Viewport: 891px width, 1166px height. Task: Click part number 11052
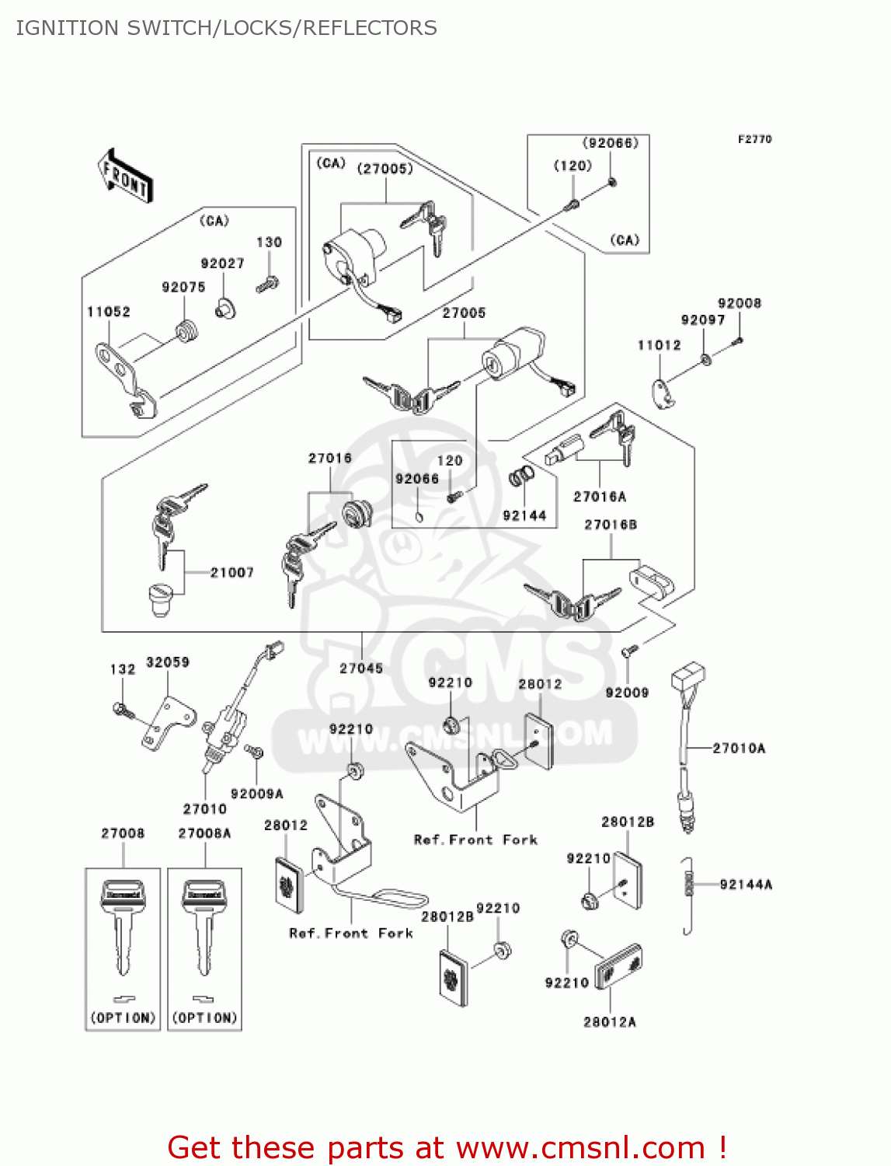tap(109, 312)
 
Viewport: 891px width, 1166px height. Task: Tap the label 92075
tap(183, 287)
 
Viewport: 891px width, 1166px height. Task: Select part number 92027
tap(222, 264)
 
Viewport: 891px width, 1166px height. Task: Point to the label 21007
tap(231, 573)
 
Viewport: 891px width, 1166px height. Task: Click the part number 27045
tap(361, 668)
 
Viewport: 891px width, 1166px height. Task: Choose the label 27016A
tap(600, 497)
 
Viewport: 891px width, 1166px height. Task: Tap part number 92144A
tap(746, 884)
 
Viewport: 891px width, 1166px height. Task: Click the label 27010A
tap(739, 748)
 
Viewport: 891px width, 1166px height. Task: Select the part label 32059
tap(168, 662)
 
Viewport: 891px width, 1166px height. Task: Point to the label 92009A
tap(257, 794)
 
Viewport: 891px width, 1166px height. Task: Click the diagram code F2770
tap(754, 139)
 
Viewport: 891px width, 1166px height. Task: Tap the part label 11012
tap(659, 345)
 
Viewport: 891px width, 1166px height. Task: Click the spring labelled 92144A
tap(687, 894)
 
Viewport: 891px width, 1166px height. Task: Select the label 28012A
tap(610, 1021)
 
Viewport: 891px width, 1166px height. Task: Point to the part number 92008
tap(740, 303)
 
